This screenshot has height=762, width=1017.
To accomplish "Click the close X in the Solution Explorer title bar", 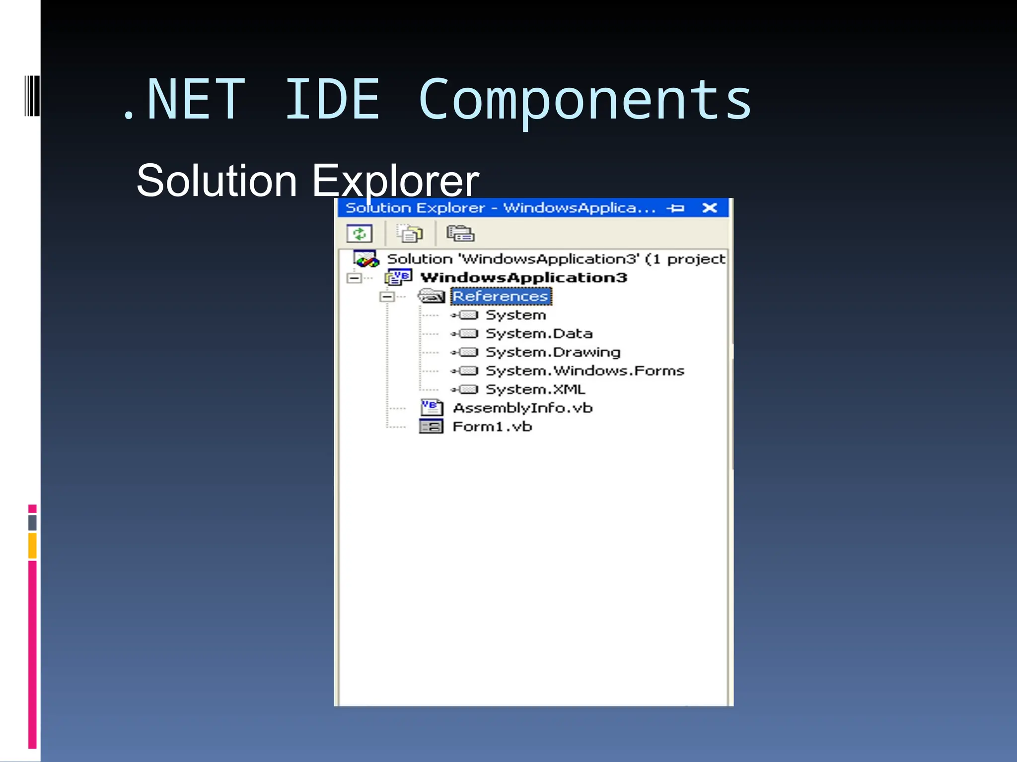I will pos(710,208).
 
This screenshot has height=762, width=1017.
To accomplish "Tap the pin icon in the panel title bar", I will pos(675,208).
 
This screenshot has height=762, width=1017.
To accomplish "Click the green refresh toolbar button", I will pos(360,234).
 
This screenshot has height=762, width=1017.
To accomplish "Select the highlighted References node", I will pos(500,297).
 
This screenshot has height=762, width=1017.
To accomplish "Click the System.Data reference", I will pos(539,334).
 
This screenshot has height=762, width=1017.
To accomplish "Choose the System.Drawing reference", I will pos(553,352).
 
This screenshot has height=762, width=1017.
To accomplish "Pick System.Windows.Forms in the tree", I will pos(584,371).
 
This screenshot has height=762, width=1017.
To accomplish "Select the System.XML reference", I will pos(535,389).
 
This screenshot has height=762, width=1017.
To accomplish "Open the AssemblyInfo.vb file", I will pos(522,408).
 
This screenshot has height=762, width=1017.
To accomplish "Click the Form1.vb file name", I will pos(492,427).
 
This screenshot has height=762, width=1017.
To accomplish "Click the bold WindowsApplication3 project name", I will pos(524,278).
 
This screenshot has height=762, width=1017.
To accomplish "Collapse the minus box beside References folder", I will pos(387,297).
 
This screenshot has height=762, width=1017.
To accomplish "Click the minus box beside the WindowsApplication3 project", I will pos(354,278).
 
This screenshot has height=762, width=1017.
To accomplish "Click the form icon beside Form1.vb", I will pos(431,427).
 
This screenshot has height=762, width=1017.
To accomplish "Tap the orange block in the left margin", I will pos(32,546).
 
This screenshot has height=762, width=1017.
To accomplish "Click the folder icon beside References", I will pos(431,296).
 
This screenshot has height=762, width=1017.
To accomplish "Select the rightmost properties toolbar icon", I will pos(460,233).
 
